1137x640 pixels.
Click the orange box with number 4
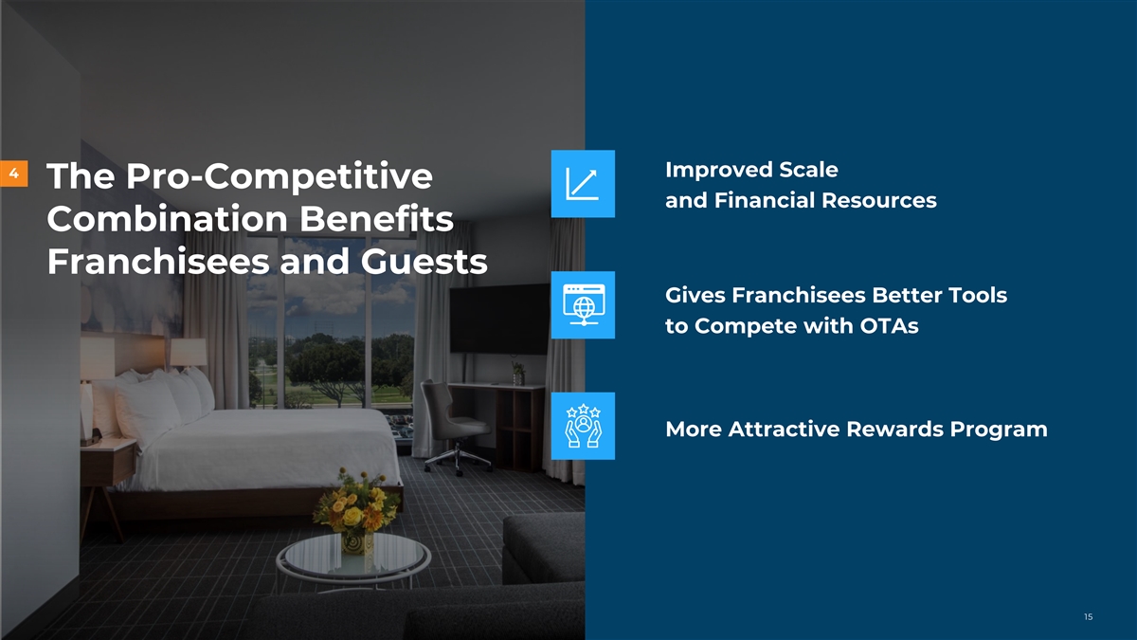click(x=13, y=174)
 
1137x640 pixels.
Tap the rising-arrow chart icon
click(x=583, y=184)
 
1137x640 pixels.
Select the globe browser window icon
click(x=583, y=304)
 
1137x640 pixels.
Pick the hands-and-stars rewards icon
click(x=583, y=426)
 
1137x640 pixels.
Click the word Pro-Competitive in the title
click(x=280, y=176)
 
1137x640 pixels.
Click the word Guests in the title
click(x=424, y=262)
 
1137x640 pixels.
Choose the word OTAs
click(x=889, y=326)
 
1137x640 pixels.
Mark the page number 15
click(x=1089, y=616)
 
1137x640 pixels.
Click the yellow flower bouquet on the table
click(x=356, y=503)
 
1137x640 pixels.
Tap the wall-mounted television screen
click(x=499, y=319)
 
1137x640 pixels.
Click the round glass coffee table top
click(x=353, y=558)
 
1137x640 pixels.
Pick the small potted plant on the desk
click(x=517, y=374)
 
